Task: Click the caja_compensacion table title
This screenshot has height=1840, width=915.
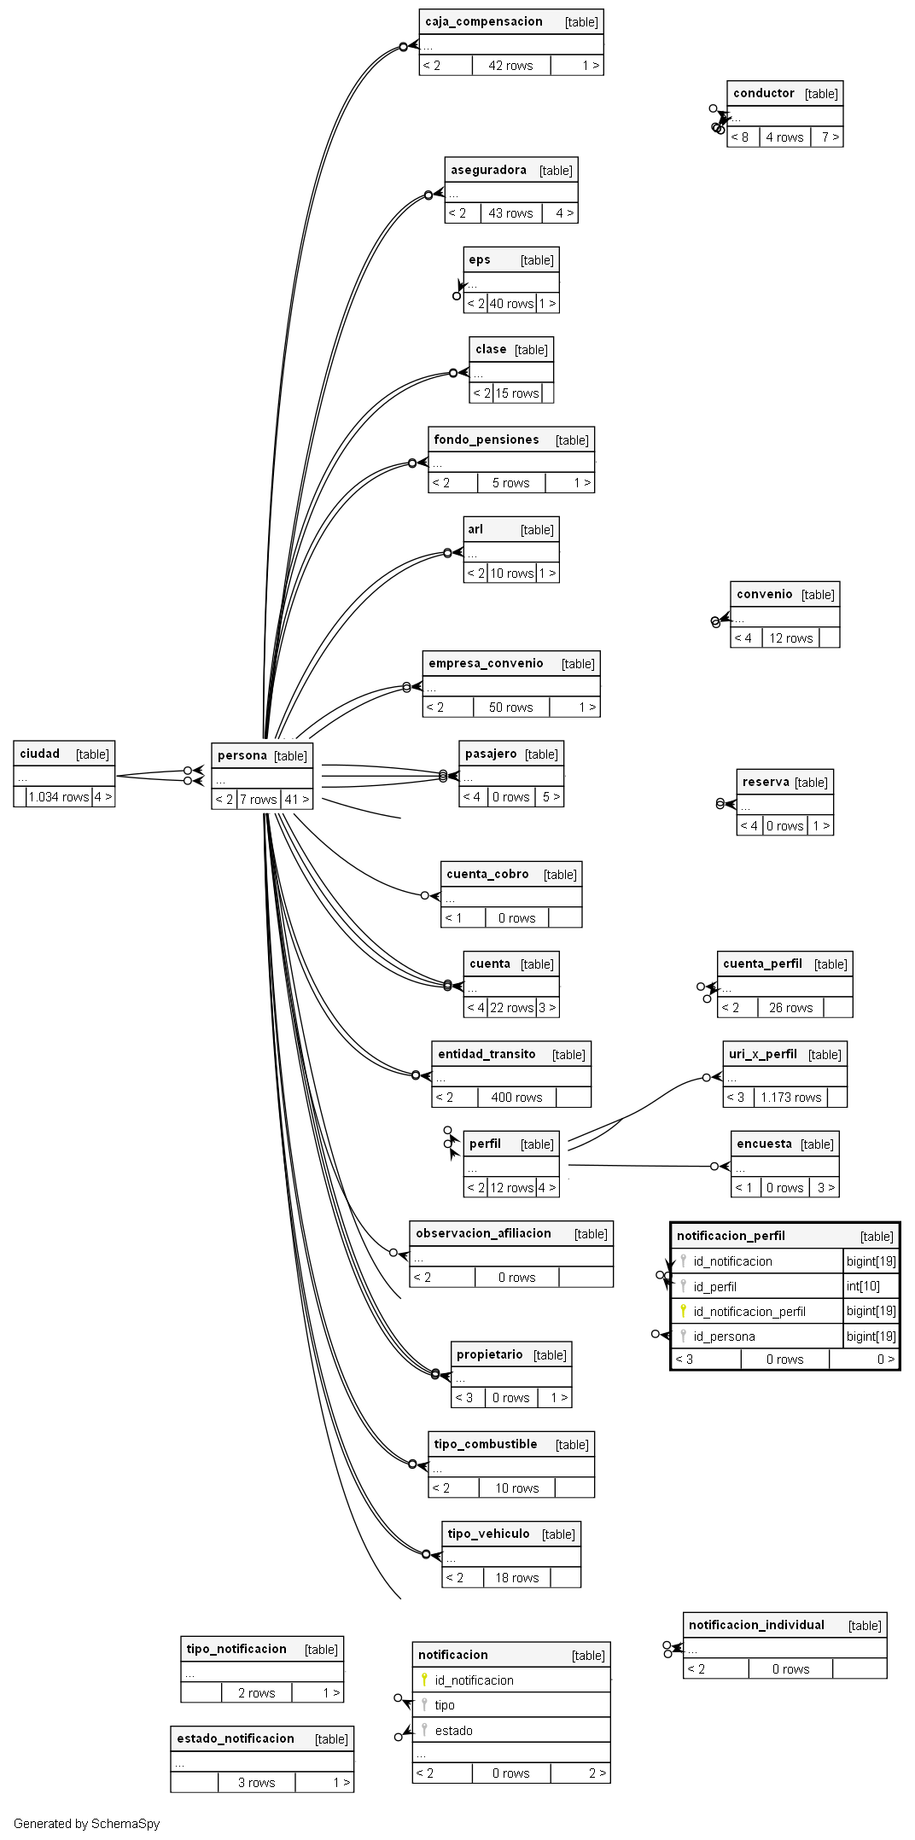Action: tap(484, 22)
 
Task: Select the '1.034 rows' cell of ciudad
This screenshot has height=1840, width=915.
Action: tap(59, 797)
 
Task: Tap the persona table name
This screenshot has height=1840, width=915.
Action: tap(242, 755)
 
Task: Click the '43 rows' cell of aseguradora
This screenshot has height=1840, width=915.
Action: tap(510, 213)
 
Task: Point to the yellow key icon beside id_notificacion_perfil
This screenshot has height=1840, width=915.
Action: tap(683, 1311)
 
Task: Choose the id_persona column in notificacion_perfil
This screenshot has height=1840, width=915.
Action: tap(724, 1336)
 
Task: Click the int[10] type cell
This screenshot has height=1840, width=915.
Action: tap(863, 1286)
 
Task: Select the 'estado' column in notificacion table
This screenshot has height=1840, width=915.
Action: tap(453, 1731)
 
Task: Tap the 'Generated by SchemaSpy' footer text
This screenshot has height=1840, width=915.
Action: tap(87, 1824)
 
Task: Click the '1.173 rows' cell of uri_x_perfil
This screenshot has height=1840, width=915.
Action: tap(791, 1098)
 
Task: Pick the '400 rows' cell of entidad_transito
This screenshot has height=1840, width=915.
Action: tap(516, 1098)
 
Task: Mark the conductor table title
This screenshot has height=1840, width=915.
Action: tap(764, 93)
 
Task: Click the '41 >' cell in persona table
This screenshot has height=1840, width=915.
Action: tap(297, 800)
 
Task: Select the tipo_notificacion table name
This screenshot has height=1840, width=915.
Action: tap(236, 1649)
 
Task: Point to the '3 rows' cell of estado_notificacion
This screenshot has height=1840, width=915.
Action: tap(256, 1783)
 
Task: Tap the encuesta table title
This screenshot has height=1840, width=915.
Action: tap(764, 1144)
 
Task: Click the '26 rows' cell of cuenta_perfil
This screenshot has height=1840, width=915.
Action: tap(790, 1008)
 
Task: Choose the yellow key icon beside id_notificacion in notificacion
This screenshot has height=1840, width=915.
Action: tap(424, 1680)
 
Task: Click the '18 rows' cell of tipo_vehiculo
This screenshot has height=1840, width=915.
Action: tap(517, 1578)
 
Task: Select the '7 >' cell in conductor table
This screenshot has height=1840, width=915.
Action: tap(830, 137)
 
